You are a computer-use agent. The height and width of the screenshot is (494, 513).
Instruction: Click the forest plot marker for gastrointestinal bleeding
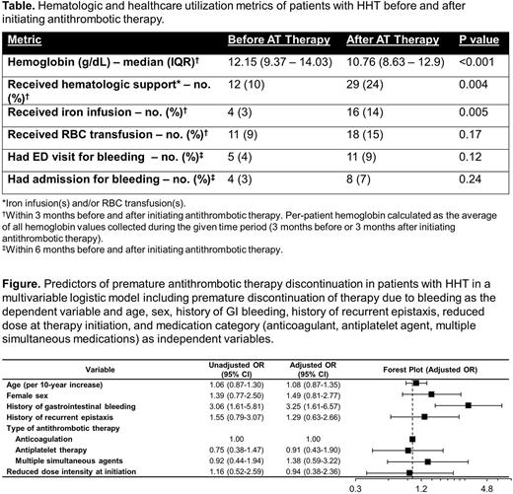[x=469, y=404]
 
